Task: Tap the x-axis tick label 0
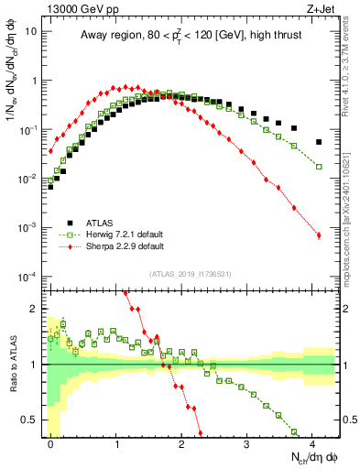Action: (x=51, y=442)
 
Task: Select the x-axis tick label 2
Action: (x=181, y=442)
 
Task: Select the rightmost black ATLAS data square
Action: (x=318, y=142)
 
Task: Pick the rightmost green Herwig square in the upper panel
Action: (x=318, y=167)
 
